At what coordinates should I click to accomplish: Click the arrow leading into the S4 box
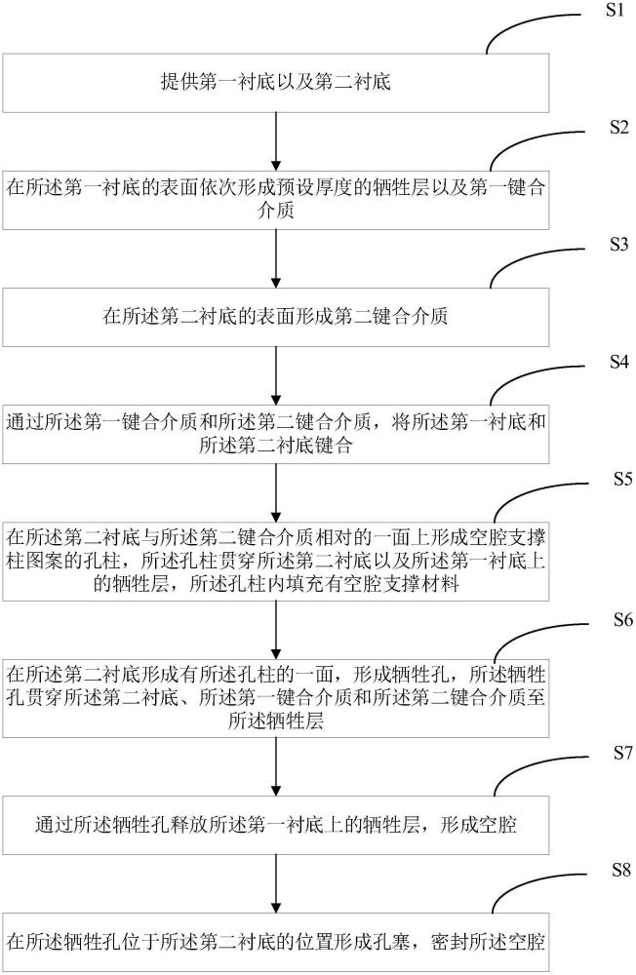click(x=277, y=372)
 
